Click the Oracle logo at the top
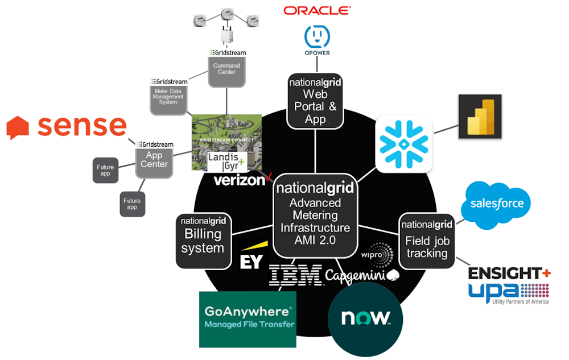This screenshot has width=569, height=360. point(317,10)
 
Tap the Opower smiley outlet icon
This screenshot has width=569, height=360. point(317,36)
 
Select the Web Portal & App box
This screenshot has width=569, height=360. point(315,101)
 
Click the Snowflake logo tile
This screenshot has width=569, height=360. point(404,144)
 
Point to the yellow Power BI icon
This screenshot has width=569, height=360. point(480,117)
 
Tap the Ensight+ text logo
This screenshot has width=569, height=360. point(509,274)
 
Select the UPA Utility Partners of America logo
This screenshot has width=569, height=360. point(508,292)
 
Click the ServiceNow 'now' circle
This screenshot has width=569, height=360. point(365,318)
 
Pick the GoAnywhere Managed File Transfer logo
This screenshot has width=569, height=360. point(248,319)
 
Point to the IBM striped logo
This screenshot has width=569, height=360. point(296,276)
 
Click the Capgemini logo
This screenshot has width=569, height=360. point(362,275)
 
